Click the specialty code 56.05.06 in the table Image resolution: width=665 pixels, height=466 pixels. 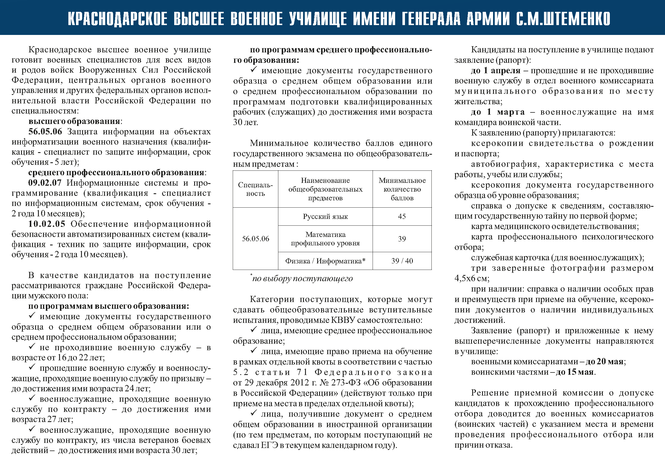pyautogui.click(x=256, y=239)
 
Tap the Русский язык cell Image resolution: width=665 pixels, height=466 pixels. pyautogui.click(x=325, y=217)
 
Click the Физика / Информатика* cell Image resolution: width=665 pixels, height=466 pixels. pyautogui.click(x=325, y=261)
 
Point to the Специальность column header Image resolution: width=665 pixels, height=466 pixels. pyautogui.click(x=256, y=189)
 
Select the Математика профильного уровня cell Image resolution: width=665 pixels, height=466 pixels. pyautogui.click(x=325, y=239)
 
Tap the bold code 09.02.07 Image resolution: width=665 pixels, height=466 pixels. pyautogui.click(x=45, y=183)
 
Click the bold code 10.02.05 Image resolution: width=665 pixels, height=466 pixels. pyautogui.click(x=47, y=224)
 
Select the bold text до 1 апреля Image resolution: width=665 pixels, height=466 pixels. pyautogui.click(x=495, y=70)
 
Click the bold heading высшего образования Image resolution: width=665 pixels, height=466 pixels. pyautogui.click(x=74, y=121)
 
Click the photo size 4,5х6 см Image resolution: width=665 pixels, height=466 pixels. pyautogui.click(x=471, y=279)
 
